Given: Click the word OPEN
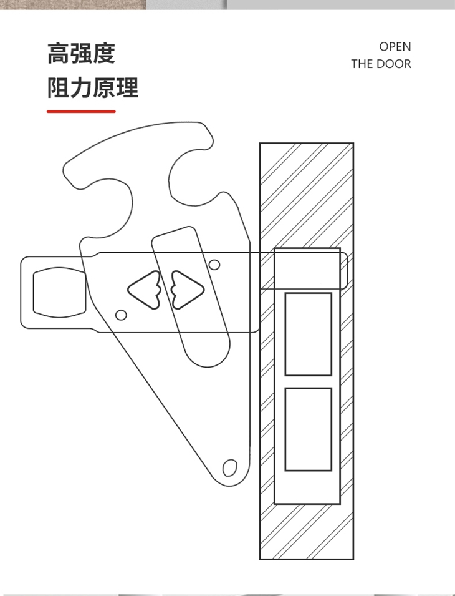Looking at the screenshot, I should [395, 47].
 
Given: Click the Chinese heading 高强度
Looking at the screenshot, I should [81, 54].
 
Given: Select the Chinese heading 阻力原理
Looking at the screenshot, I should [93, 88].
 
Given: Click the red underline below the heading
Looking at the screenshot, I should [81, 112].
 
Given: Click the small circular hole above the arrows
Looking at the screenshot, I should [214, 265].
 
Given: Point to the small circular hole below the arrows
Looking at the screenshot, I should [122, 315].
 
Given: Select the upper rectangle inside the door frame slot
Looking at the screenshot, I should [308, 334].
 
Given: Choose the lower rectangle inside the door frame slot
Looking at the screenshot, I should [308, 429].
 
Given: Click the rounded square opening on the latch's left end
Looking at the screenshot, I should [59, 291].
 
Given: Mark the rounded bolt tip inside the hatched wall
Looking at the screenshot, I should [342, 270].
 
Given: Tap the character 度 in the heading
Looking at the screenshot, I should [104, 54].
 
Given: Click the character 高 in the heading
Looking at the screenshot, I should [58, 54].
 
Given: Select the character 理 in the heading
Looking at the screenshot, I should [127, 88].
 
